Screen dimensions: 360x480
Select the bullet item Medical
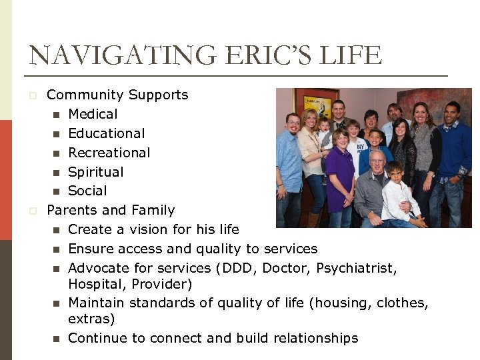[x=93, y=114]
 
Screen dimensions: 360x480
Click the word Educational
[x=106, y=133]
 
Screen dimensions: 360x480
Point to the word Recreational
[x=109, y=153]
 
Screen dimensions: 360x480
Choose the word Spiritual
[x=96, y=172]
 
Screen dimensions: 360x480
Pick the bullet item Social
[x=87, y=191]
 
